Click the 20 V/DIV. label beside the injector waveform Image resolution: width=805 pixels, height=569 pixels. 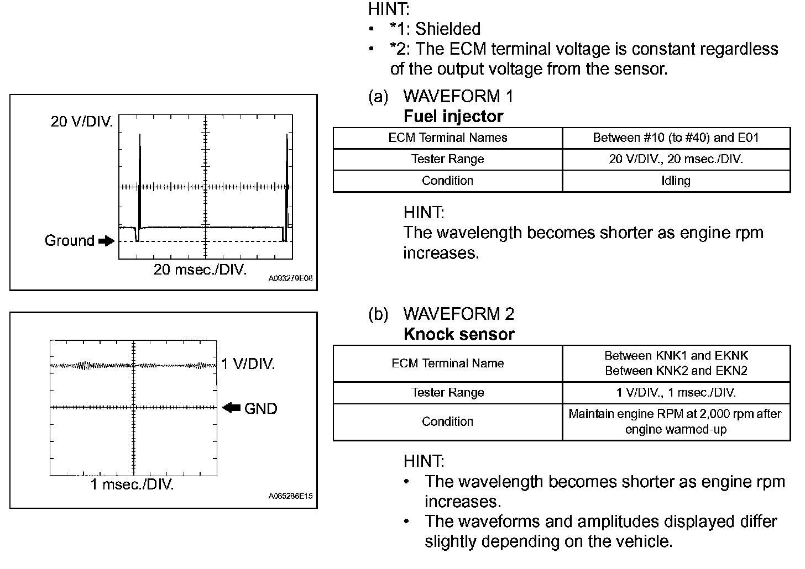(81, 122)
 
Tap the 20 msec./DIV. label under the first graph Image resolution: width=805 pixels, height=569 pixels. (200, 270)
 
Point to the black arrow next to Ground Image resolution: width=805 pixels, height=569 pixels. (106, 241)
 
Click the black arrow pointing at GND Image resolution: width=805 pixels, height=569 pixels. (231, 408)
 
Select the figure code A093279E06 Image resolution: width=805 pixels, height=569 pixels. (290, 279)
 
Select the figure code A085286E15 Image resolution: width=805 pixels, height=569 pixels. (290, 496)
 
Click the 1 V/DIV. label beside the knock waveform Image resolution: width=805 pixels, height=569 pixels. (248, 364)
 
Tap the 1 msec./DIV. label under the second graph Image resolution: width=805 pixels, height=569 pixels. (132, 485)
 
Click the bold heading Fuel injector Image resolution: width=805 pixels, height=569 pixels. (453, 117)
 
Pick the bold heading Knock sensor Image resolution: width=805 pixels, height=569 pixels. (459, 334)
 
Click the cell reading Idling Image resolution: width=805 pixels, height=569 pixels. (676, 181)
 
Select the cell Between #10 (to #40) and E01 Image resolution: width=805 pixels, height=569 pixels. (676, 138)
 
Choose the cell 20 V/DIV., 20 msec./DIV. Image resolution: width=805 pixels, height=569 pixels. (676, 159)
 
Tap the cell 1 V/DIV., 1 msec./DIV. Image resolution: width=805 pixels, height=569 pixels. (676, 393)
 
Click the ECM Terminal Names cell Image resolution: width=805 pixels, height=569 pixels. (447, 138)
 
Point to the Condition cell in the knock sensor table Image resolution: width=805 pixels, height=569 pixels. (447, 422)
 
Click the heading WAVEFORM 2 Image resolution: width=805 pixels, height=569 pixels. (458, 314)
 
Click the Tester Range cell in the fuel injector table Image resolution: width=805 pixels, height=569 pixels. (447, 159)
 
